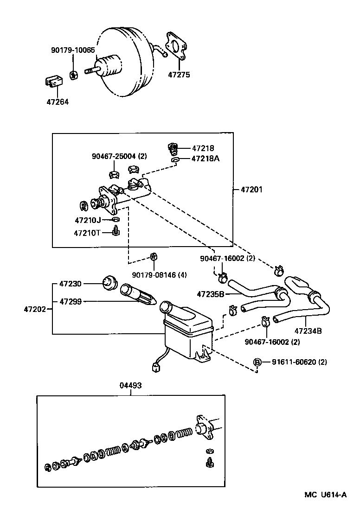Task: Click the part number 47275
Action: [x=180, y=75]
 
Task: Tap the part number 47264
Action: [x=58, y=102]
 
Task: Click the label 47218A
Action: [x=206, y=159]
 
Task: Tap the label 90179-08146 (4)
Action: [x=159, y=275]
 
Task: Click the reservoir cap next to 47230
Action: [x=109, y=282]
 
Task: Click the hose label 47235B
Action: [x=210, y=293]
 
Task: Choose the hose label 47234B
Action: [x=308, y=331]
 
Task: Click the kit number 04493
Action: [x=130, y=385]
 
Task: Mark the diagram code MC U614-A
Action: [x=325, y=495]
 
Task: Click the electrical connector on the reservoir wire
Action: [x=155, y=368]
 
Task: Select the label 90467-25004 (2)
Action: [x=119, y=156]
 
